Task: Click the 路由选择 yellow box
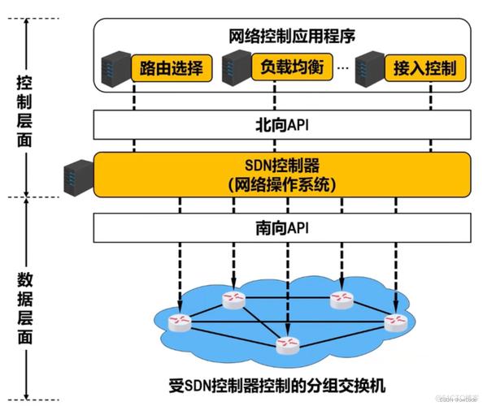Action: (172, 67)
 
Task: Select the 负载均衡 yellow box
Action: (292, 67)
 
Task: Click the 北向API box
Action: (283, 125)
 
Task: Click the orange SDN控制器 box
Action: (283, 173)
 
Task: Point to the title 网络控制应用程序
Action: (282, 36)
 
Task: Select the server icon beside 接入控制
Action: (368, 68)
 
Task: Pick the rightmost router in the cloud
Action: (395, 322)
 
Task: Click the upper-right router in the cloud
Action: (341, 300)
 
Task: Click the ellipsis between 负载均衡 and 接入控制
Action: (342, 68)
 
